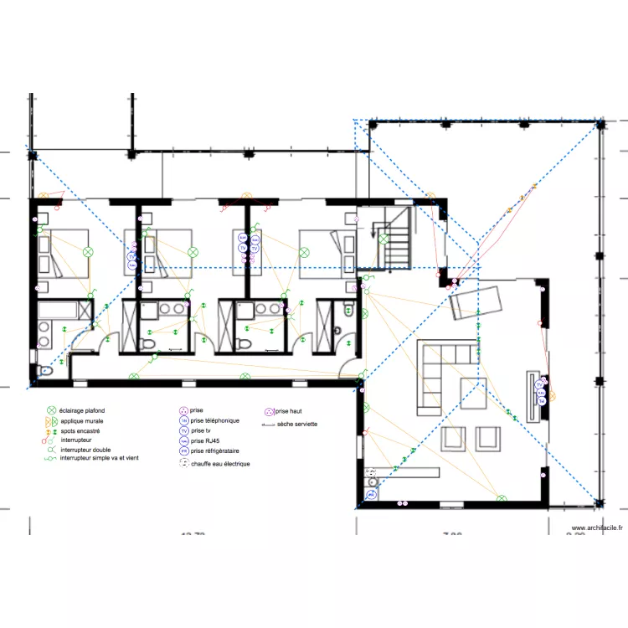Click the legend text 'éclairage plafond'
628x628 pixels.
point(82,411)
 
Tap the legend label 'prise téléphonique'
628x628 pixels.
point(214,420)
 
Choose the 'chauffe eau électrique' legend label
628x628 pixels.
point(220,463)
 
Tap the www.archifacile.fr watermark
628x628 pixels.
point(597,528)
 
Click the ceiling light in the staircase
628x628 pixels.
point(383,239)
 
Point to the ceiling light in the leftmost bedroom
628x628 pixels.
point(87,251)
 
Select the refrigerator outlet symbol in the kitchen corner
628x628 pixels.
point(370,495)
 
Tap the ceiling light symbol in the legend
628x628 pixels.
point(51,411)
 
